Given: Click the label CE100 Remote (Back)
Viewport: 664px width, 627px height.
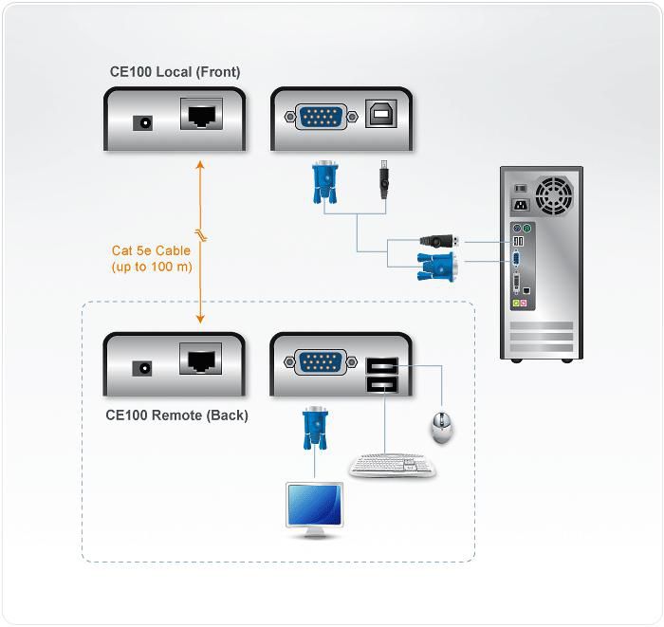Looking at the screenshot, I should point(176,415).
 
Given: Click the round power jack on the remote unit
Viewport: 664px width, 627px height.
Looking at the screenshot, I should point(144,367).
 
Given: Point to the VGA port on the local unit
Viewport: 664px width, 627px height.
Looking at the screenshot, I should point(322,118).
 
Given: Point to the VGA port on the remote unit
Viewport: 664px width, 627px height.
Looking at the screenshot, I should point(322,361).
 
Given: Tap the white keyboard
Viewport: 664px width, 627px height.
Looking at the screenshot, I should point(392,466).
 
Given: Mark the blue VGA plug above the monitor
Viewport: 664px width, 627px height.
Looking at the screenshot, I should point(314,430).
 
